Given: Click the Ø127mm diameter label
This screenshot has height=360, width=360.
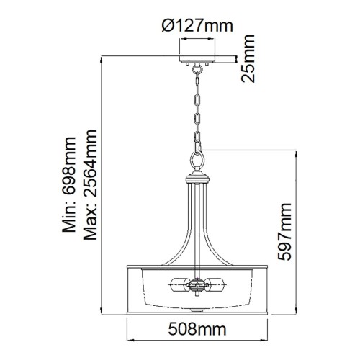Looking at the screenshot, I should [197, 27].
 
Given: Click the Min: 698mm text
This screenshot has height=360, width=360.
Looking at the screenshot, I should [70, 186].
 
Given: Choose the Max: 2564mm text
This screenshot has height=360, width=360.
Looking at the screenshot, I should [91, 186].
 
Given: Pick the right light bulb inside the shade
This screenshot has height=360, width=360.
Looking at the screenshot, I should [217, 286].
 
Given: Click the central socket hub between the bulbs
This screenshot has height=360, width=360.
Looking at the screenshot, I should [197, 287].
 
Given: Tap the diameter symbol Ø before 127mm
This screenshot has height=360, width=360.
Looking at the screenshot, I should [166, 27].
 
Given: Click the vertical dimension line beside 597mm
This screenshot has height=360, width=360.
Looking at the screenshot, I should [297, 230].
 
